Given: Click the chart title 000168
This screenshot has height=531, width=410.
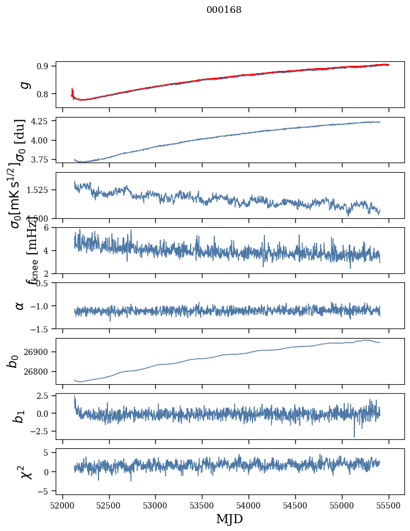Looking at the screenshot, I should point(224,10).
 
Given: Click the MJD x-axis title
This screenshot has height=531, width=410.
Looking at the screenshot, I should point(229,519).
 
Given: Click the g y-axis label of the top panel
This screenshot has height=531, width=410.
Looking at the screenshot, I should point(23,84).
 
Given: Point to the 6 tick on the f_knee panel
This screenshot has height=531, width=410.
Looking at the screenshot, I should point(49,227).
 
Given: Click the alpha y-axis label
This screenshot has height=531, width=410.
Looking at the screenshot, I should point(20,305).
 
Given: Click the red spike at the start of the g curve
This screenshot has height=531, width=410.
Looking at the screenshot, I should point(73,92).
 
